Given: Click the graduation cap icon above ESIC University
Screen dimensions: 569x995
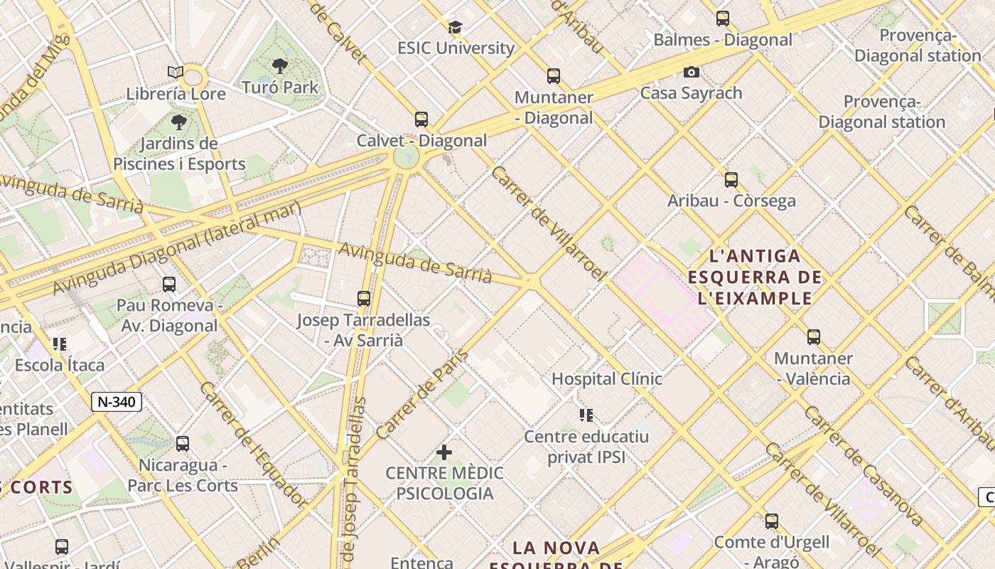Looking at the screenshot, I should click(455, 28).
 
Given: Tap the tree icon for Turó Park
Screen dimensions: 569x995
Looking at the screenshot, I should click(280, 66).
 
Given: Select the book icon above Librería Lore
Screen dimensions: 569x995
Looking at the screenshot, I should click(176, 72).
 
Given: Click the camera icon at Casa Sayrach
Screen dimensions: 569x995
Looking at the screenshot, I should click(691, 72).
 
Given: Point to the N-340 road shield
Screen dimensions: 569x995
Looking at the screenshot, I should click(117, 402).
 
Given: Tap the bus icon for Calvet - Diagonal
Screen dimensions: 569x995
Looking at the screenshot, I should click(421, 119).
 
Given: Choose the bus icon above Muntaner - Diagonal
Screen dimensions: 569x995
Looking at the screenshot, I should click(554, 76).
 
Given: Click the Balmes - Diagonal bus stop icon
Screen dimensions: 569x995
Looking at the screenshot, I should click(723, 18).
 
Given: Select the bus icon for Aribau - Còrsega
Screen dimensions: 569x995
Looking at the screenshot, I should click(731, 180).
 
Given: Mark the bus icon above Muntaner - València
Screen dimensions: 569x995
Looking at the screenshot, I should click(814, 337).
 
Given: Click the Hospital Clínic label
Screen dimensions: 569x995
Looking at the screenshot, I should click(606, 379).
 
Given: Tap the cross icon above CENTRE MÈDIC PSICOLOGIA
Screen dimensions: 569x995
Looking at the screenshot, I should click(444, 452).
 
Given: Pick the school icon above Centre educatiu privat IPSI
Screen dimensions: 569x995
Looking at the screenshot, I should click(586, 415).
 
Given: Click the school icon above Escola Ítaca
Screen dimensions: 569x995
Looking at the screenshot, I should click(60, 345).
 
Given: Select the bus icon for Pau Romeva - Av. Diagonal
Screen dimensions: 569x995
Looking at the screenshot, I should click(169, 284).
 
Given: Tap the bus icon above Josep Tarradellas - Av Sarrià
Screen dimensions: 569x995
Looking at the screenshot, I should click(364, 299).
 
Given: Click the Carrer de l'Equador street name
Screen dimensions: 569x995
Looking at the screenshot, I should click(254, 445).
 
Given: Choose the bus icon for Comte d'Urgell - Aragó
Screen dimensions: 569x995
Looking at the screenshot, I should click(772, 521).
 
